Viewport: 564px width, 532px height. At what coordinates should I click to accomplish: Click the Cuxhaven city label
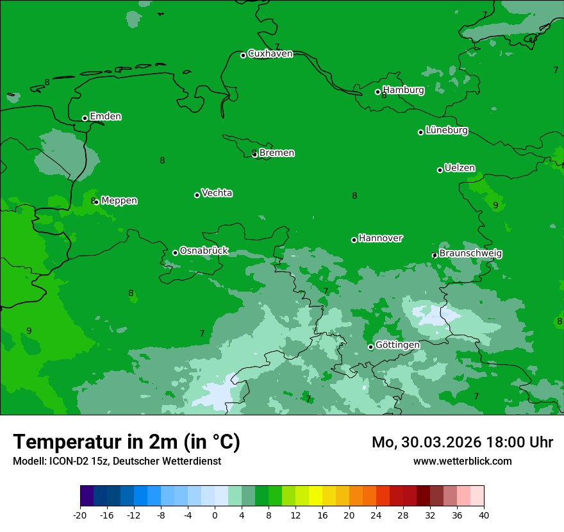pos(270,54)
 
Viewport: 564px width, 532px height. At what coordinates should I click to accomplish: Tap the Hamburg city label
pos(403,90)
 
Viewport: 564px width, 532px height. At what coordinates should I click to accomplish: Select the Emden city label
pos(105,117)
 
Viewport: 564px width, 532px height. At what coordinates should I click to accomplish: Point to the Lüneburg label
pos(446,131)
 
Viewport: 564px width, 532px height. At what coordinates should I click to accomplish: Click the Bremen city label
pos(276,153)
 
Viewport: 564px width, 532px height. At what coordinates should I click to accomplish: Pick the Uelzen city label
pos(460,169)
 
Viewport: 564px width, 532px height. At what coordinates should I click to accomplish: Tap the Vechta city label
pos(217,193)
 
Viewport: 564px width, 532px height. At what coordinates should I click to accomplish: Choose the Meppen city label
pos(119,201)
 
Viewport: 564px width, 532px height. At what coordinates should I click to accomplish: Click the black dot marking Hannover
pos(354,240)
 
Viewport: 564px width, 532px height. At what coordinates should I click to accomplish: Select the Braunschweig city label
pos(470,254)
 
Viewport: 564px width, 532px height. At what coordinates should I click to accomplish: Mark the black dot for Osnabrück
pos(175,253)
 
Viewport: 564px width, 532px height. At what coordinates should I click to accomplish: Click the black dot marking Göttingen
pos(370,347)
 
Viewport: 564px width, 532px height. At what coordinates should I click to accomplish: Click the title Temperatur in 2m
pos(126,442)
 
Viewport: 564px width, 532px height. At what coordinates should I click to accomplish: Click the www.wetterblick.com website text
pos(462,461)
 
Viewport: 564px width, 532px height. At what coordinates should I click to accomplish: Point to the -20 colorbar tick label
pos(80,515)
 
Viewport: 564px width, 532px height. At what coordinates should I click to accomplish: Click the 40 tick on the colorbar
pos(484,515)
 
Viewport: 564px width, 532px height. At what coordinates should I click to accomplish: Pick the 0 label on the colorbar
pos(215,515)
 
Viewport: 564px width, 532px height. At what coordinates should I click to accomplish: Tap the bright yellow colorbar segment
pos(315,496)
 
